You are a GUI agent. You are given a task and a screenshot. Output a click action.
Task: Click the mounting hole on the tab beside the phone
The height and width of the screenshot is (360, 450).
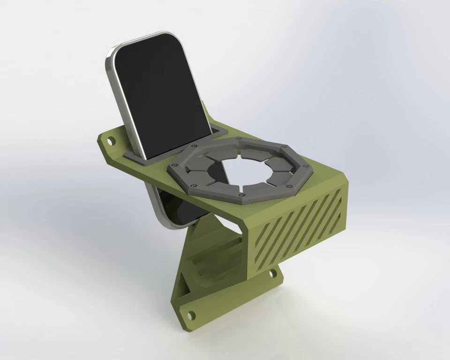click(x=111, y=140)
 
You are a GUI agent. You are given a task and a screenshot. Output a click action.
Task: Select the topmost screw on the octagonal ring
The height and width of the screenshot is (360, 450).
click(x=240, y=139)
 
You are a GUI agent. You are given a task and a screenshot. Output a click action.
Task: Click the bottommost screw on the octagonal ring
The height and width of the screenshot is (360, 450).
click(x=240, y=194)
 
